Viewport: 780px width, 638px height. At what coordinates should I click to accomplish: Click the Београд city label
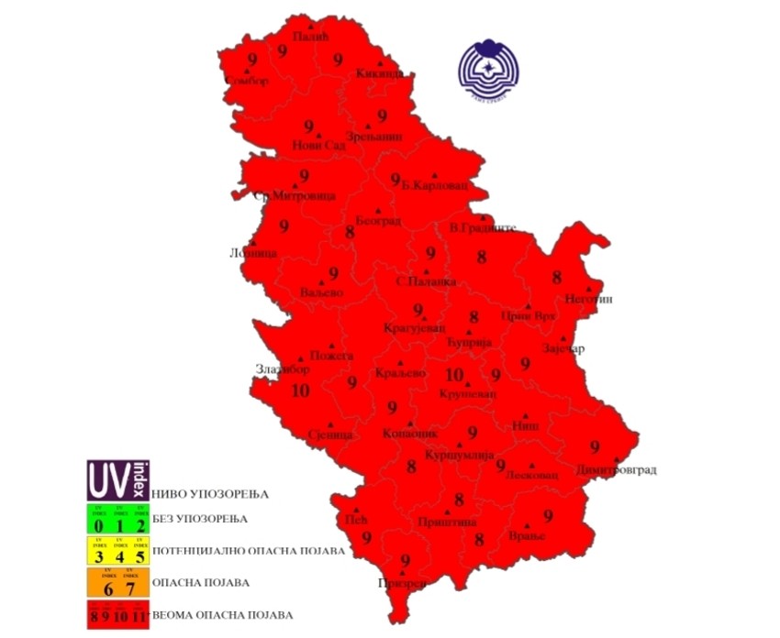[378, 220]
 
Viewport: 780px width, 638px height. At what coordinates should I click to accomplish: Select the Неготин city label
[589, 299]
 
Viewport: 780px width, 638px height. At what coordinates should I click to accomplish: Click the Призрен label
[402, 583]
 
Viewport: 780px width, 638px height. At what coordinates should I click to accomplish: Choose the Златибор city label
[283, 369]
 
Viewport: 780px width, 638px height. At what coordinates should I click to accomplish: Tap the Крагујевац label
[414, 327]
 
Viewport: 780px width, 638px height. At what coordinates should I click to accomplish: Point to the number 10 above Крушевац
[454, 374]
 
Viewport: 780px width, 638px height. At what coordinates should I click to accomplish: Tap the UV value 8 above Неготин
[556, 277]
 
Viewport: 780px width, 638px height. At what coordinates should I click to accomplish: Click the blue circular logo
[496, 69]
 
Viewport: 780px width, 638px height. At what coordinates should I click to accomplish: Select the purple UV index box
[119, 480]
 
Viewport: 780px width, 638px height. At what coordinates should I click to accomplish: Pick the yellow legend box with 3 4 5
[119, 552]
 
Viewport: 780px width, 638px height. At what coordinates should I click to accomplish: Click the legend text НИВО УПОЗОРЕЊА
[209, 494]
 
